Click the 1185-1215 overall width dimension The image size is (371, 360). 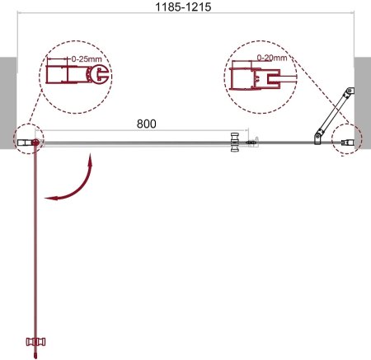183,7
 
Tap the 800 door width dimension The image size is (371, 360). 147,124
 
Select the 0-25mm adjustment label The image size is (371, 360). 87,58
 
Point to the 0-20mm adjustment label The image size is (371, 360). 272,58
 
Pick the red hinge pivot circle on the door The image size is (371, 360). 35,143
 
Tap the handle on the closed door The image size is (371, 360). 235,143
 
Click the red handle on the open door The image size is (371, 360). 35,342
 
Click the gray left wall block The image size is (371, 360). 8,103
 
